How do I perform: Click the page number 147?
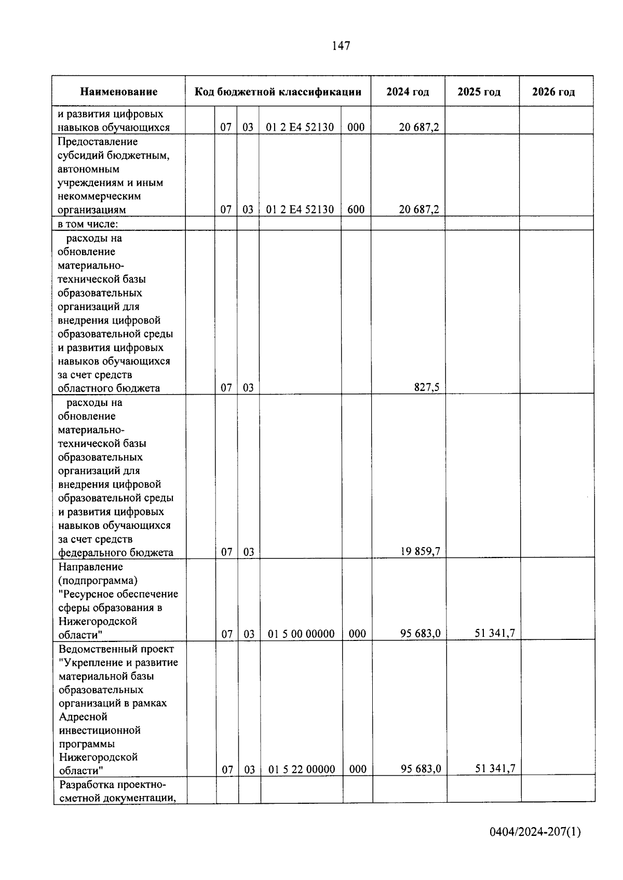(x=341, y=46)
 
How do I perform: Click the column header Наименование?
(x=118, y=92)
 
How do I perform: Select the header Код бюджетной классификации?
(x=278, y=92)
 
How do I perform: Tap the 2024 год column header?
(x=408, y=92)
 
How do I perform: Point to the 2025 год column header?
(x=479, y=92)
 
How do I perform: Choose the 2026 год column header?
(x=553, y=92)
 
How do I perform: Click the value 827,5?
(x=427, y=387)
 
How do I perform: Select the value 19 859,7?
(x=420, y=552)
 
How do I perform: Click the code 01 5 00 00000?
(x=301, y=634)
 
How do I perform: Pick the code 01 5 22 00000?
(x=302, y=770)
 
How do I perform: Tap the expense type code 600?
(x=356, y=209)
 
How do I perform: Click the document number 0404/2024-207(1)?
(x=535, y=832)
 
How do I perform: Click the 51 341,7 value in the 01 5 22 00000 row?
(x=495, y=769)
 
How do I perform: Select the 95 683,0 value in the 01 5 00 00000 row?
(x=420, y=633)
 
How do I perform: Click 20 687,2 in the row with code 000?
(x=418, y=127)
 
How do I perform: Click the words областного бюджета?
(x=109, y=388)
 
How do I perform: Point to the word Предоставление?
(x=98, y=142)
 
